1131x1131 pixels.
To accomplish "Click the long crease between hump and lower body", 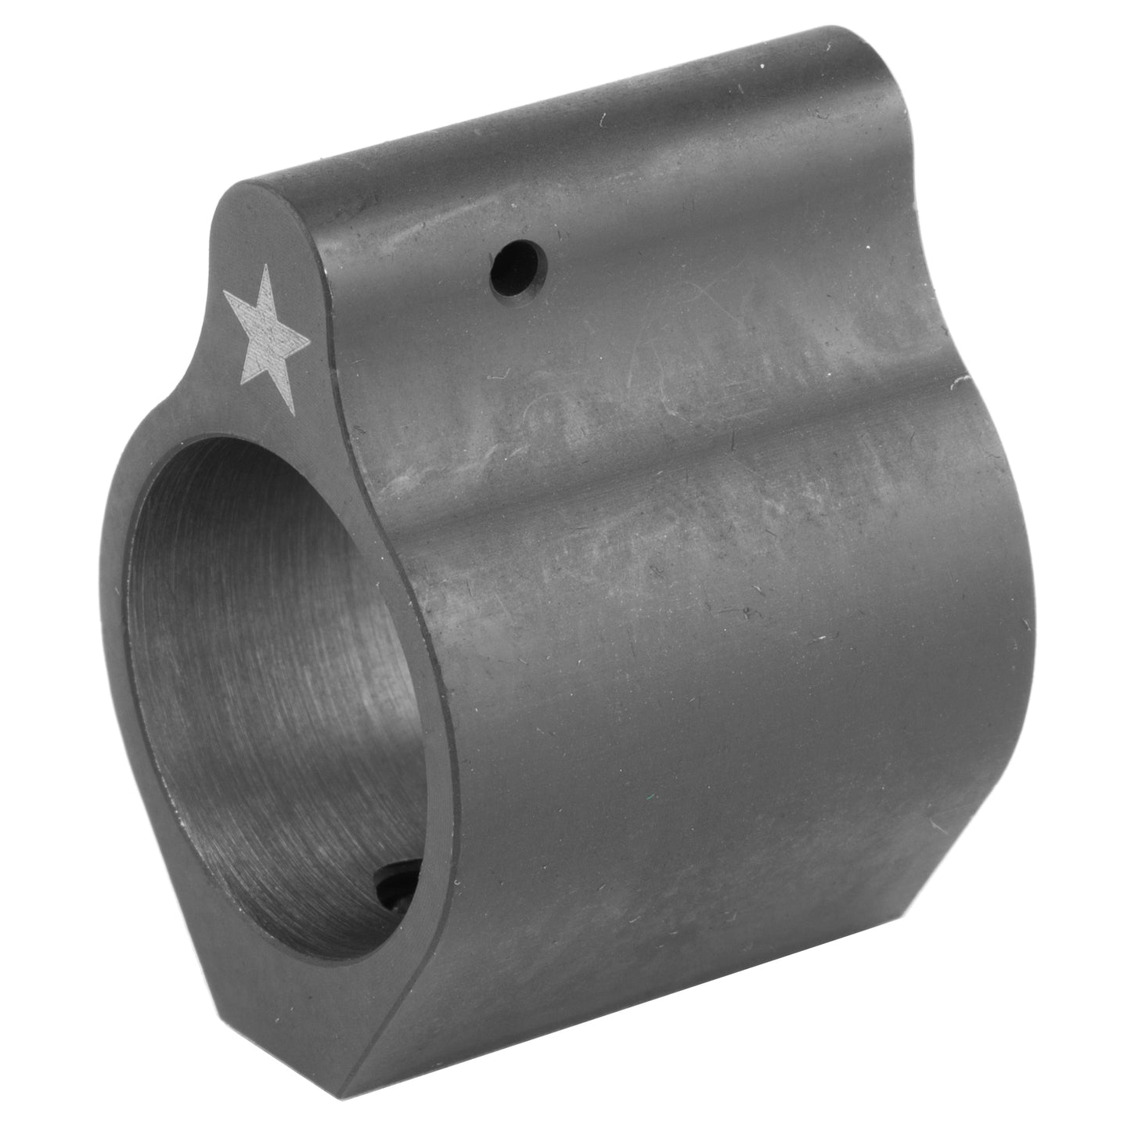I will (x=704, y=477).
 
